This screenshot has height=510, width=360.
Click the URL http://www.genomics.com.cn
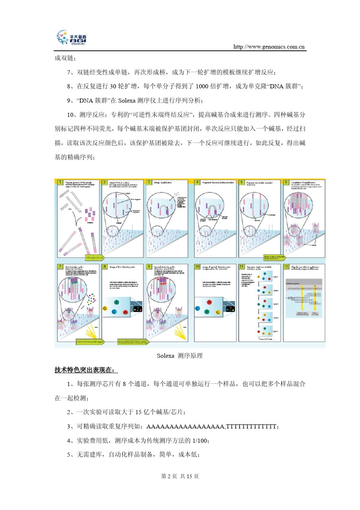click(269, 47)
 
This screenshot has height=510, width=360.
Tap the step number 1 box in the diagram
click(60, 182)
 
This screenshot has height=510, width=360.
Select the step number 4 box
click(197, 182)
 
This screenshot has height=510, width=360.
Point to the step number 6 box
click(286, 182)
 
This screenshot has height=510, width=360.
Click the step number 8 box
click(105, 267)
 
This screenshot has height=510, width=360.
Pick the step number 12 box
click(286, 267)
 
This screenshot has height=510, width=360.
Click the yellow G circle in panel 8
click(105, 308)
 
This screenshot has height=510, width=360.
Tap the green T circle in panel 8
click(116, 302)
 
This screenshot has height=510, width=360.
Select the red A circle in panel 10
click(209, 302)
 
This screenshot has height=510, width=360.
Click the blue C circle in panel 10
click(197, 308)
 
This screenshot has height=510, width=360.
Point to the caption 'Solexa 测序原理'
click(180, 356)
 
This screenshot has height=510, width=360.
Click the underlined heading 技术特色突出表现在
click(86, 370)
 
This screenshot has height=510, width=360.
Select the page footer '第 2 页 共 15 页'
click(180, 476)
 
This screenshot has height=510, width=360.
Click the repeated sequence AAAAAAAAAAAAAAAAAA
click(185, 427)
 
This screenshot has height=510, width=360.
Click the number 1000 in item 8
click(202, 86)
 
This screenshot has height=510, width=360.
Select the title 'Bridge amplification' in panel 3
click(163, 183)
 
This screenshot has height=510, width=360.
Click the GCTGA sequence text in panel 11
click(268, 339)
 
